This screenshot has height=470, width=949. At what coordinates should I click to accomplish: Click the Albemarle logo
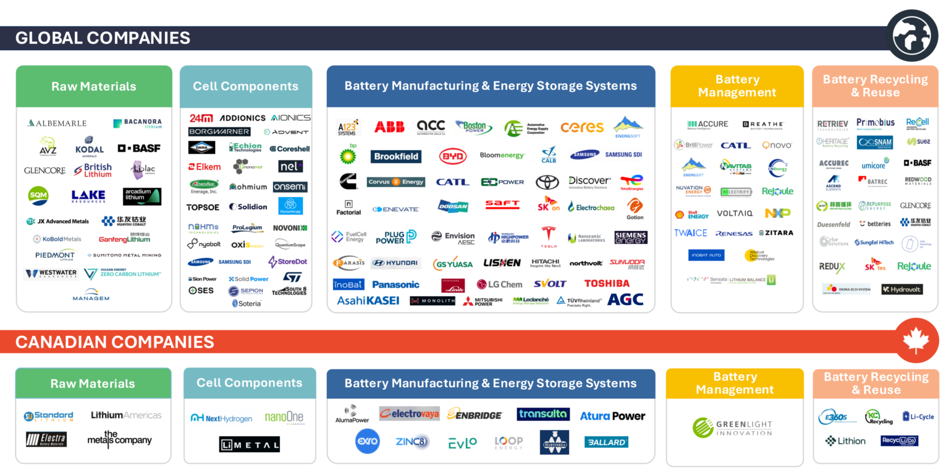pyautogui.click(x=57, y=123)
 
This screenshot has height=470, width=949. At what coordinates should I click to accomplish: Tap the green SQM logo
pyautogui.click(x=38, y=196)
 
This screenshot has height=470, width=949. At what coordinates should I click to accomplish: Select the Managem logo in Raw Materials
pyautogui.click(x=90, y=295)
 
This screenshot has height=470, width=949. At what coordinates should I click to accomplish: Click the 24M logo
pyautogui.click(x=201, y=118)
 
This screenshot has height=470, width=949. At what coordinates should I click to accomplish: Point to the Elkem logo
pyautogui.click(x=205, y=167)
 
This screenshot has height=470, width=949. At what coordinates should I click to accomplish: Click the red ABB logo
pyautogui.click(x=389, y=127)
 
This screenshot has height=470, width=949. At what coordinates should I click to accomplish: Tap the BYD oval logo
pyautogui.click(x=452, y=156)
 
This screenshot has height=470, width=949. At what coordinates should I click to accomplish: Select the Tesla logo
pyautogui.click(x=548, y=237)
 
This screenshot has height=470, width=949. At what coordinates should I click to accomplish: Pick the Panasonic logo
pyautogui.click(x=395, y=284)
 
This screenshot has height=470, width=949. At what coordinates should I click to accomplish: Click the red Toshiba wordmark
pyautogui.click(x=607, y=283)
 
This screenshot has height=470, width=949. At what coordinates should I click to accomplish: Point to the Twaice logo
pyautogui.click(x=691, y=233)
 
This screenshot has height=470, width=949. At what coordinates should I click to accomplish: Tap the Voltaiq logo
pyautogui.click(x=734, y=213)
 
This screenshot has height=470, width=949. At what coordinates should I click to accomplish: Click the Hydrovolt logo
pyautogui.click(x=901, y=289)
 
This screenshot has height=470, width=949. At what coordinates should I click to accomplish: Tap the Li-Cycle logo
pyautogui.click(x=918, y=416)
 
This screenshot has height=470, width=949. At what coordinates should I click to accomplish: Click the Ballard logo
pyautogui.click(x=606, y=442)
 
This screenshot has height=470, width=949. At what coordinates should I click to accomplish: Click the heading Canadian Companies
pyautogui.click(x=115, y=342)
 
